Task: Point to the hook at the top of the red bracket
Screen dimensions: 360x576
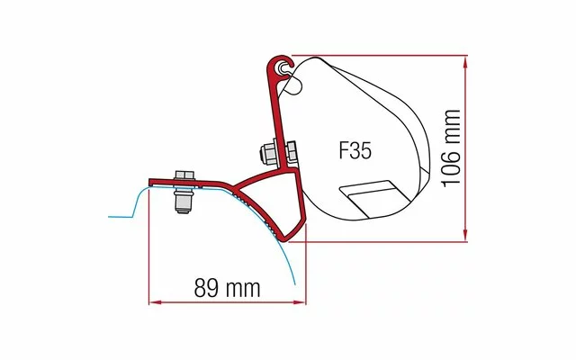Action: click(281, 65)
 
